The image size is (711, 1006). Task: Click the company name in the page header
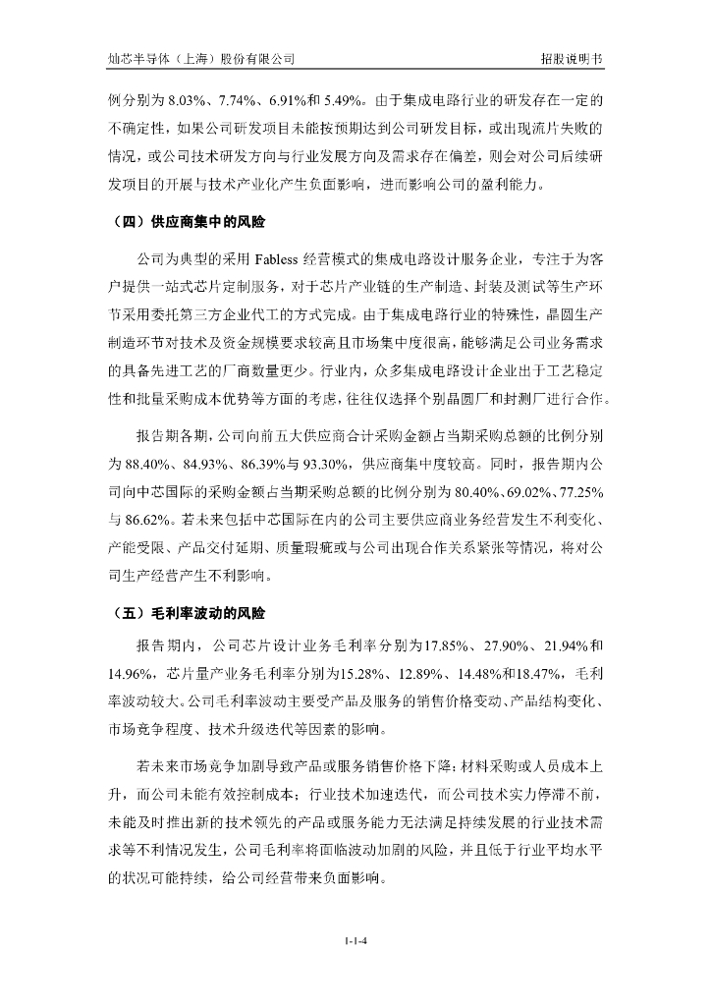click(201, 58)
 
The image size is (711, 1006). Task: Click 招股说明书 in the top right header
click(571, 58)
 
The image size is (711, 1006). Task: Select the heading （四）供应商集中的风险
click(186, 222)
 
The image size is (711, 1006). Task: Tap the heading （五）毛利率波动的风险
click(186, 614)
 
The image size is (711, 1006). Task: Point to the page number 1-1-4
click(355, 941)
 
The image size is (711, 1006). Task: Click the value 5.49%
click(339, 100)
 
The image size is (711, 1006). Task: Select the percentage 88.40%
click(143, 462)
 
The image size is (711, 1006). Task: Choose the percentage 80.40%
click(445, 489)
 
